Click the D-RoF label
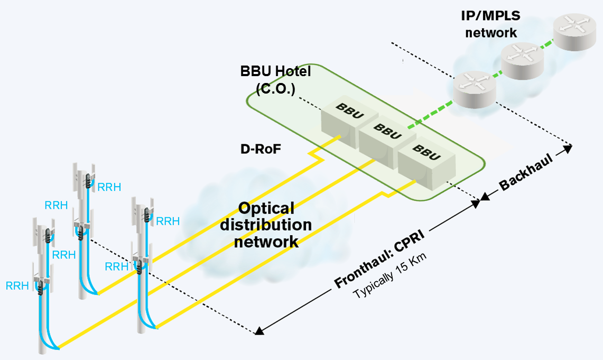pos(260,150)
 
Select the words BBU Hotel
pos(275,71)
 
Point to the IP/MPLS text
pos(490,16)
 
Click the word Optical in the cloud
pos(266,208)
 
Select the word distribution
pos(266,225)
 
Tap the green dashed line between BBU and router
pos(431,113)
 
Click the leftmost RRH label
pos(16,285)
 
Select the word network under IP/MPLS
pos(490,32)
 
